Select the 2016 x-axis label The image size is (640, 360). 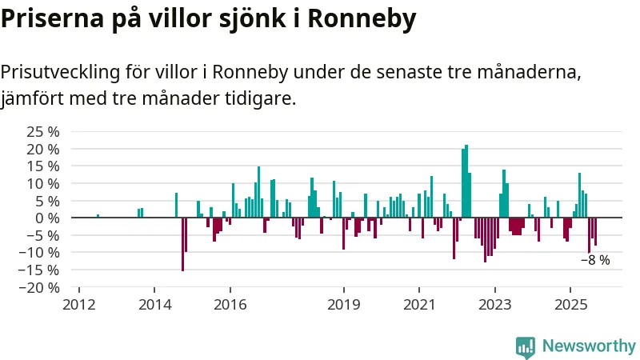click(230, 304)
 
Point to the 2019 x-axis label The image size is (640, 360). click(344, 304)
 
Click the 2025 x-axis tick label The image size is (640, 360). click(570, 304)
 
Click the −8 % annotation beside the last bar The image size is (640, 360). click(595, 260)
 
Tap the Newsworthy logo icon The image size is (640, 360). click(526, 346)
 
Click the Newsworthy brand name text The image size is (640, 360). click(589, 346)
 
